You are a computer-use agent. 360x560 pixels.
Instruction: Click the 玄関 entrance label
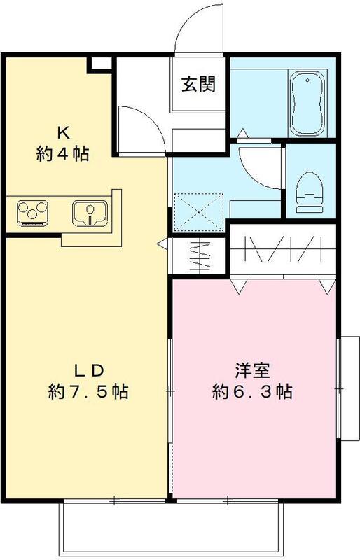point(198,85)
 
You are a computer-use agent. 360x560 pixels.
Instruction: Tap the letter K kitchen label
point(62,132)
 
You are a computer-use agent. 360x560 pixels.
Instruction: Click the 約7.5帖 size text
point(88,392)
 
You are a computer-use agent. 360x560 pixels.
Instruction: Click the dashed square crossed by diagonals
point(198,209)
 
